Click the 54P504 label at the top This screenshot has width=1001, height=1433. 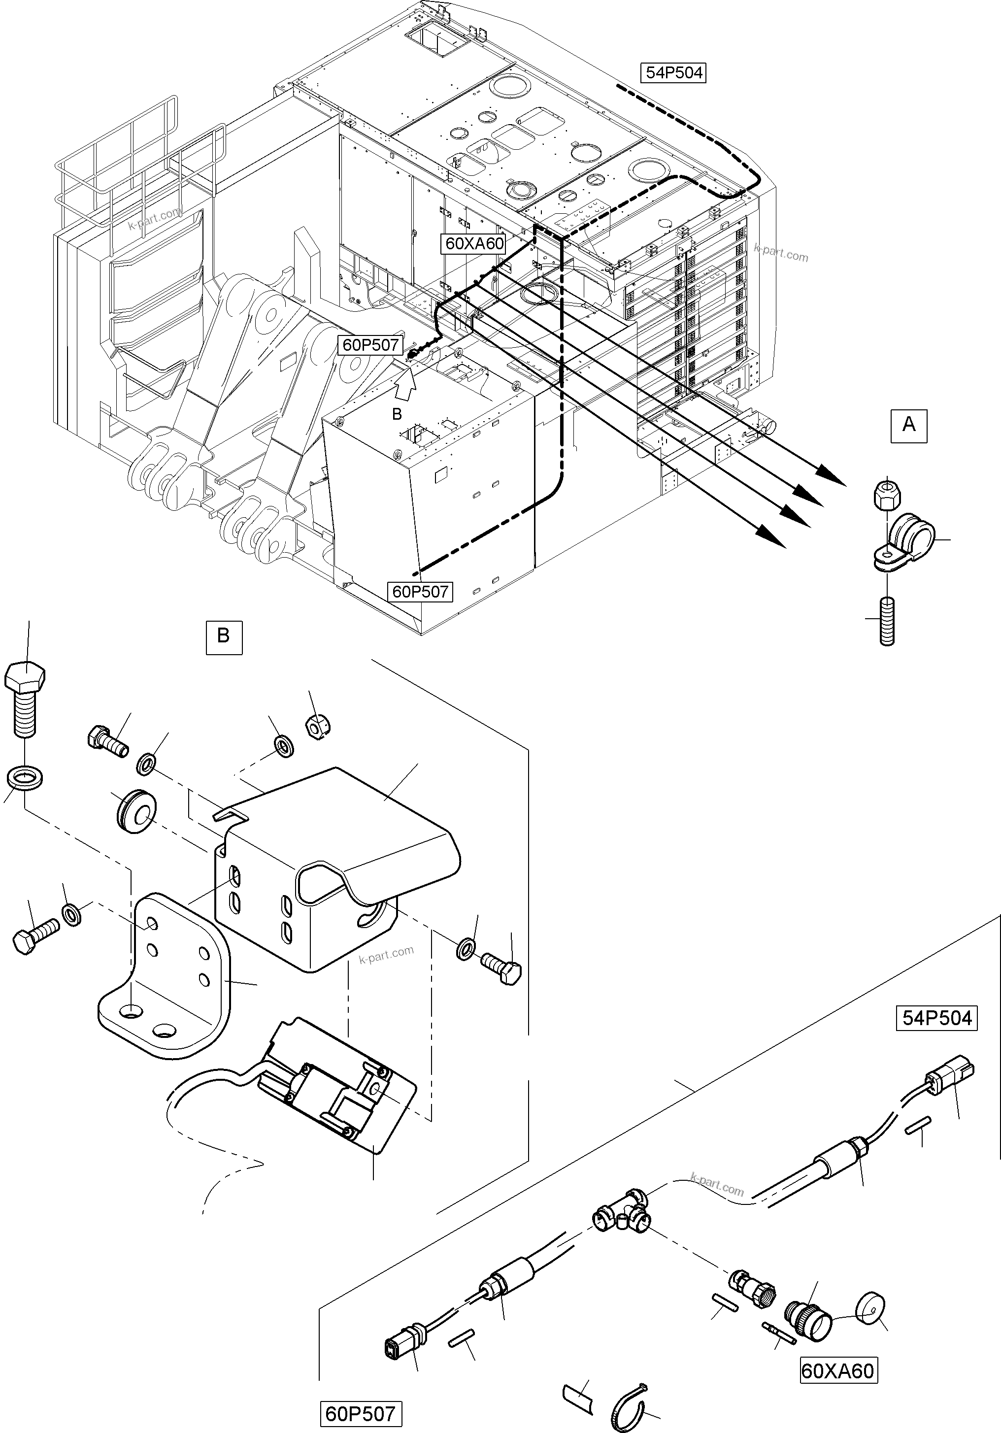pos(673,73)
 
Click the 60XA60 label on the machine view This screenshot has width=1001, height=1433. pos(474,243)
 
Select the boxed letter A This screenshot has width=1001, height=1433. pos(909,425)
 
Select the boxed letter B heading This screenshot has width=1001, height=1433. pos(224,636)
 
